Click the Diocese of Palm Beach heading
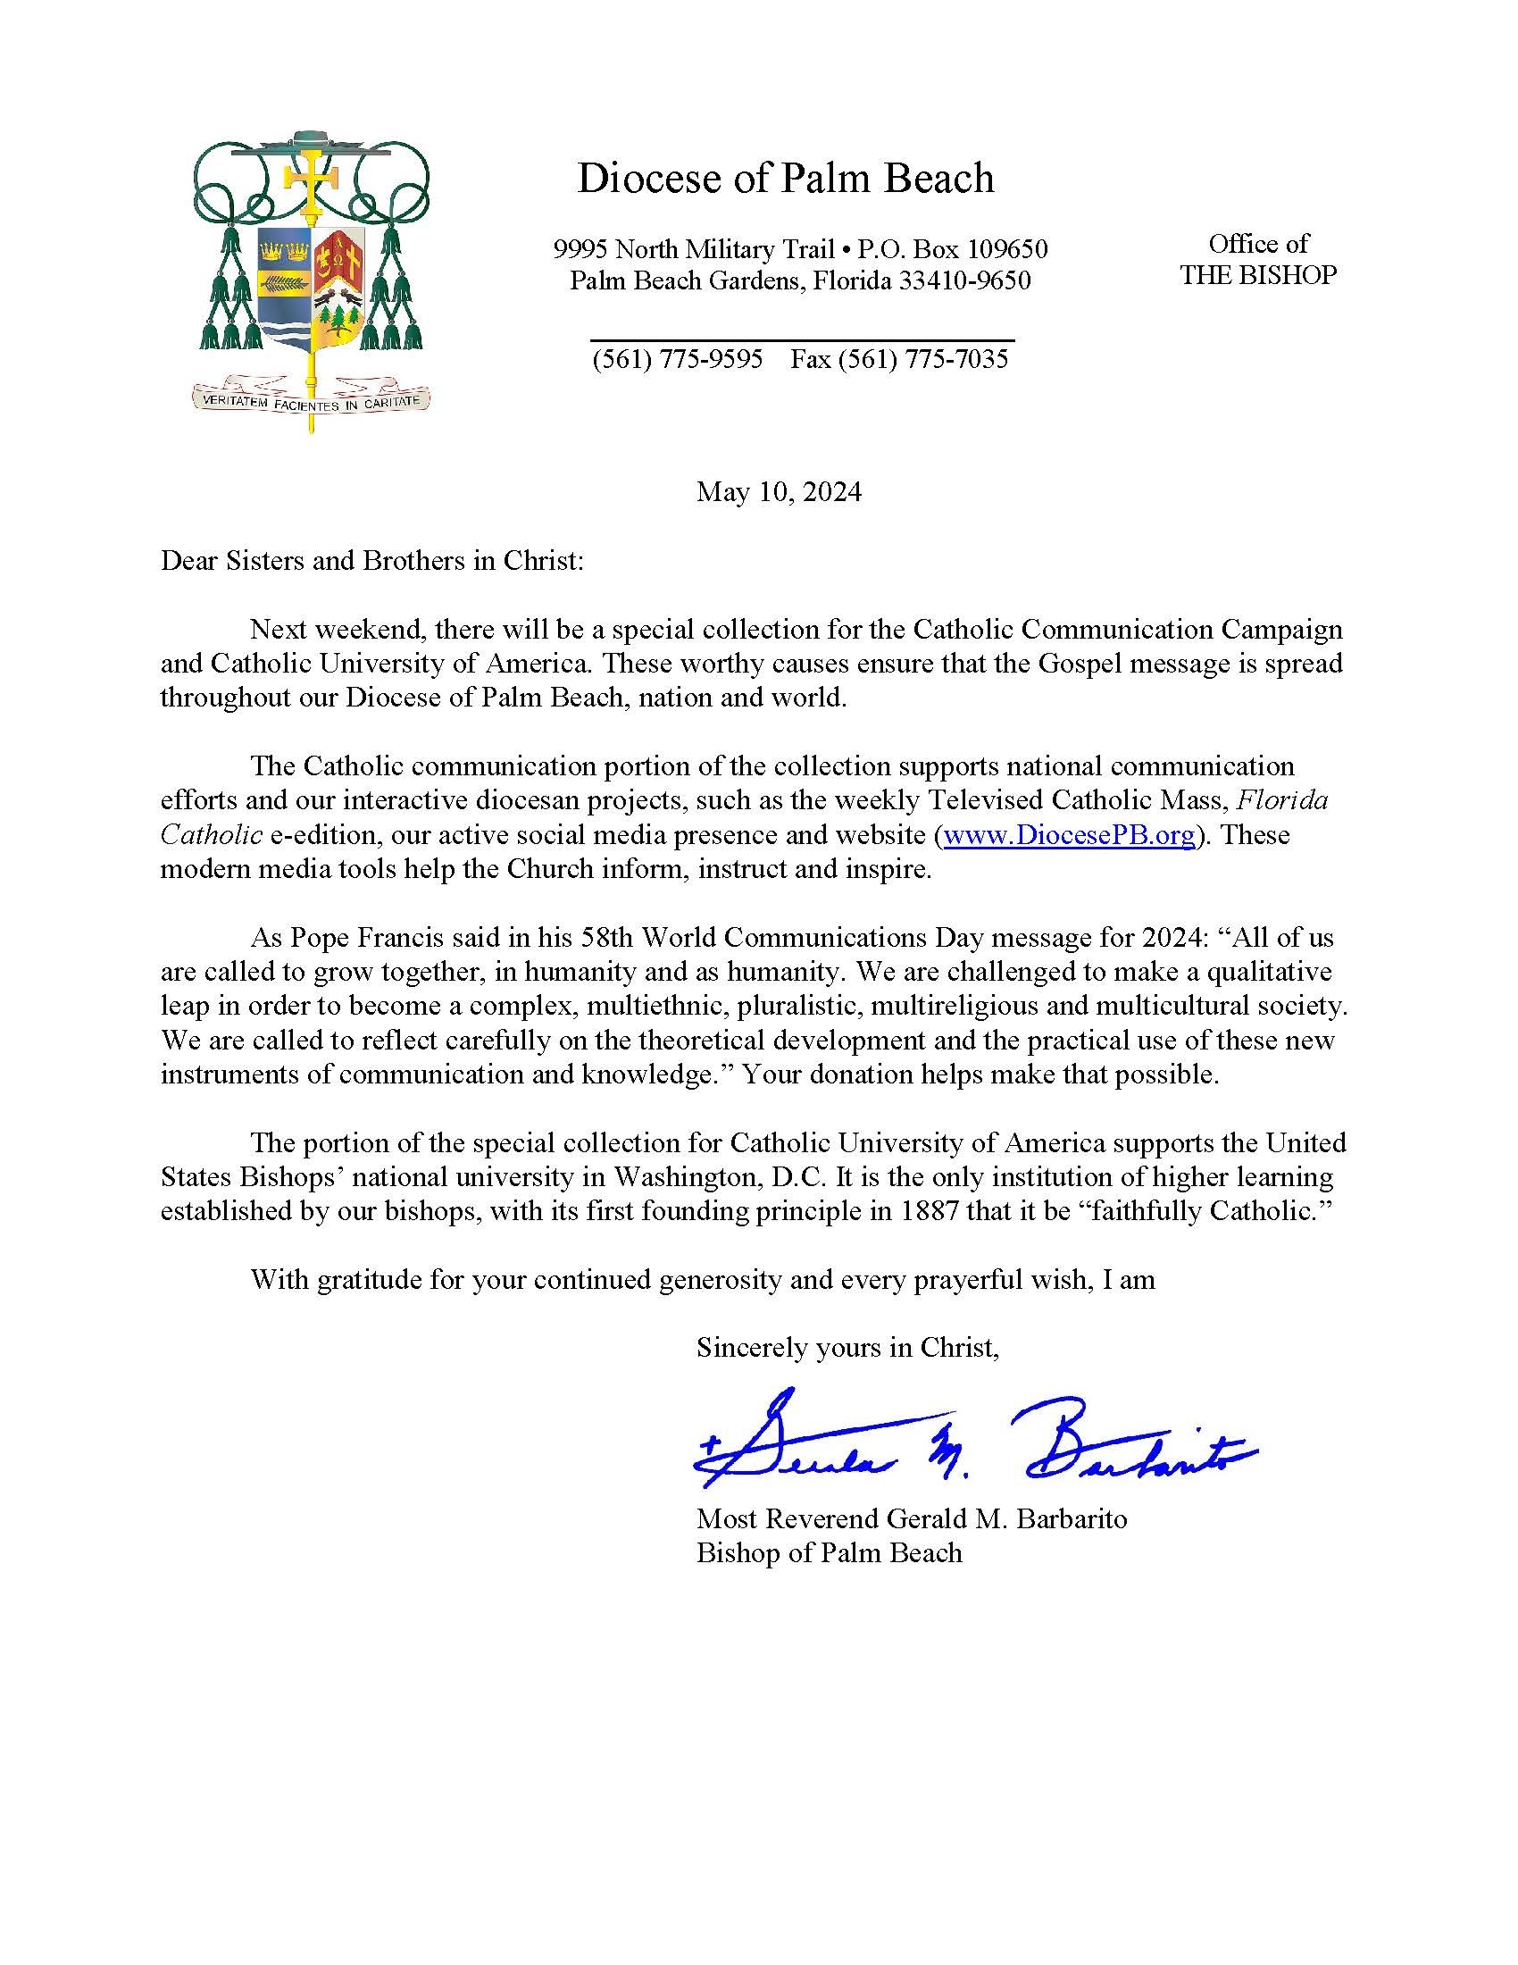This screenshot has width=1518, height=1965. [784, 178]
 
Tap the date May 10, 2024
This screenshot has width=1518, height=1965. [779, 491]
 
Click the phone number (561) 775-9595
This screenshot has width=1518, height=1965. [676, 359]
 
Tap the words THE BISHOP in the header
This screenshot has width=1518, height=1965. [1258, 275]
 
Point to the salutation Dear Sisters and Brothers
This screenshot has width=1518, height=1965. [372, 561]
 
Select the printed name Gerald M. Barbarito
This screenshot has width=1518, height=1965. [1006, 1518]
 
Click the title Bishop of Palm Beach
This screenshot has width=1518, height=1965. [830, 1553]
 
